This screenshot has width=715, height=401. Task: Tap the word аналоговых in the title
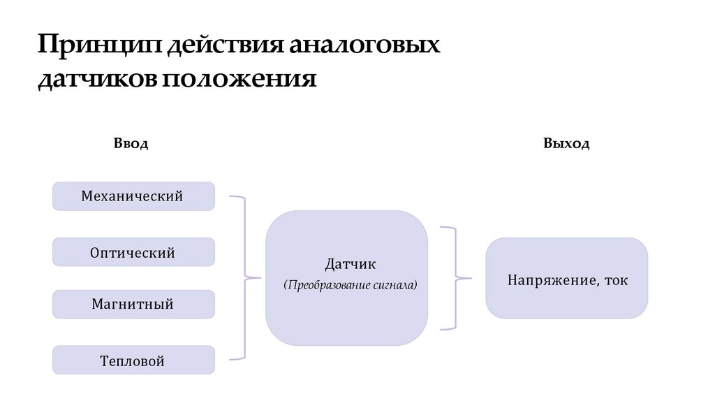point(365,46)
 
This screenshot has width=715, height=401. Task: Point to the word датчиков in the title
point(97,78)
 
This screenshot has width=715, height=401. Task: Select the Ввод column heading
point(131,144)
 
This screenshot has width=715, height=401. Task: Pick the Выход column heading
point(566,144)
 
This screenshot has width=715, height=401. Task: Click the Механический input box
point(133,196)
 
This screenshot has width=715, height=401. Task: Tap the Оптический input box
point(133,252)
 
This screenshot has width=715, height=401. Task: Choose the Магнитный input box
point(133,305)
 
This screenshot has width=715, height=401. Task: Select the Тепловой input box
point(133,360)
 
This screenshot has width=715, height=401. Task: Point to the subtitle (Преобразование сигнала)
point(350,285)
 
